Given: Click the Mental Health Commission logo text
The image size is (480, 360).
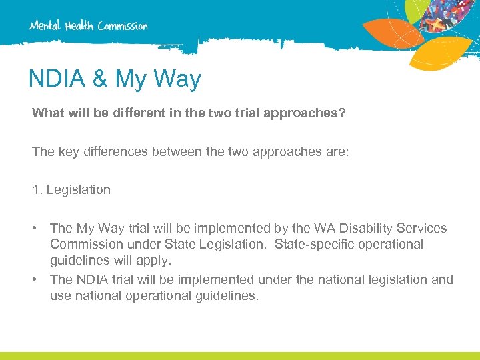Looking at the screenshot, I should (88, 26).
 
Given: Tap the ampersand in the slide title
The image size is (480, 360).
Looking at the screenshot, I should (99, 79).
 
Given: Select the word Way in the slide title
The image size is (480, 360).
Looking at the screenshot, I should (178, 79).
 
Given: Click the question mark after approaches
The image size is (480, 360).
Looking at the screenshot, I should (342, 113).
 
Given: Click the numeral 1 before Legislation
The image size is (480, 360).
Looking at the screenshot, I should (36, 189).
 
